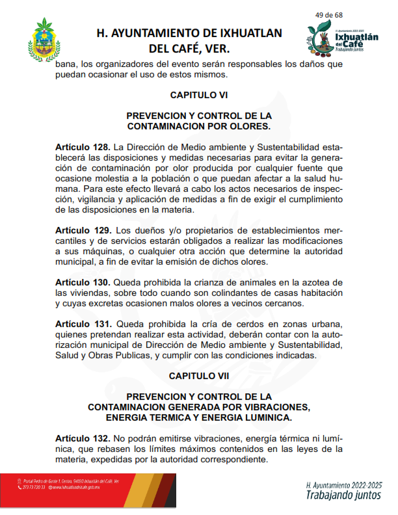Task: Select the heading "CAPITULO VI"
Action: click(199, 95)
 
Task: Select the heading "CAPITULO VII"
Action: click(199, 376)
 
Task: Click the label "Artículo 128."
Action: click(83, 148)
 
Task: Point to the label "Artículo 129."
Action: click(83, 231)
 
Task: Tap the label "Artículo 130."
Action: click(83, 283)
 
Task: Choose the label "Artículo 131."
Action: click(83, 324)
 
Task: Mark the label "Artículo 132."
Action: click(83, 439)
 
